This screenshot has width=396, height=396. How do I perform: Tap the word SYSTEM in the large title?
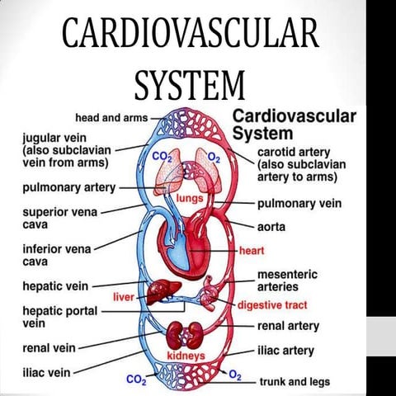click(190, 83)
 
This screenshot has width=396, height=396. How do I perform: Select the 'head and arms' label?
click(111, 118)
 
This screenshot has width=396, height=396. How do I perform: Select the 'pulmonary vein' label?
click(297, 202)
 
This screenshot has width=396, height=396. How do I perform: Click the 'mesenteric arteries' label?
click(288, 280)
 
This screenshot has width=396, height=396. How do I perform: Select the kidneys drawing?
click(186, 335)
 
